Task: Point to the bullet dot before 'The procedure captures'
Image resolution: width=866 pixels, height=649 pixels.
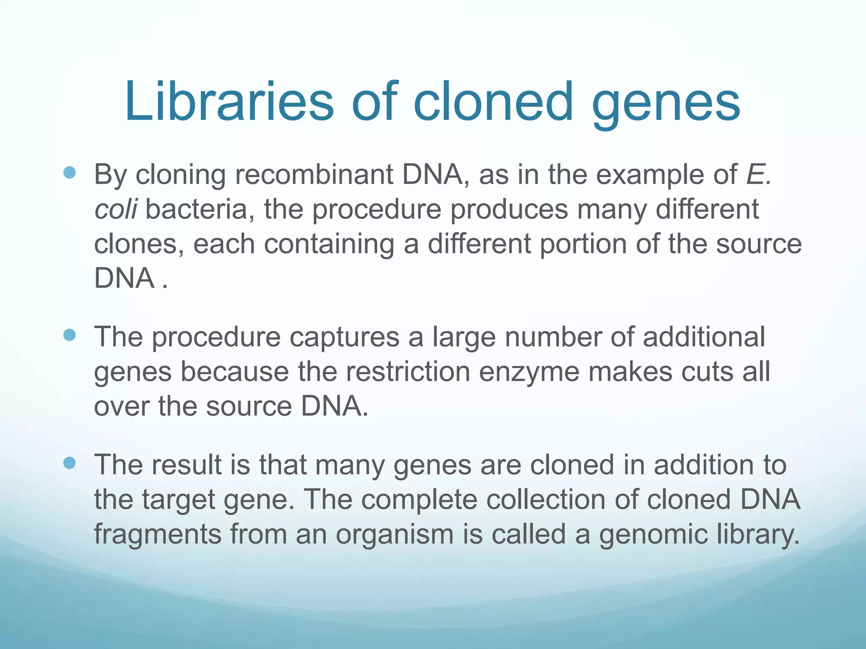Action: click(x=69, y=335)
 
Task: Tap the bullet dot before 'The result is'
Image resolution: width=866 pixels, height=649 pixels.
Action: click(x=69, y=463)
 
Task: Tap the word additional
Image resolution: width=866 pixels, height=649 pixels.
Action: click(x=704, y=337)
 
